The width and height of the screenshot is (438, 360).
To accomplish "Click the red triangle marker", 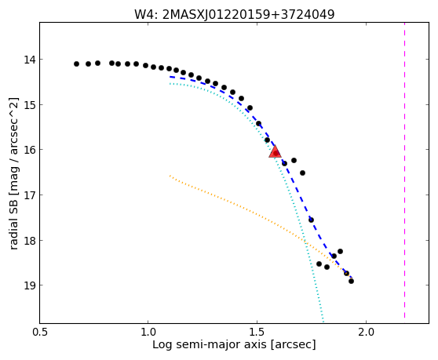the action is click(x=275, y=151).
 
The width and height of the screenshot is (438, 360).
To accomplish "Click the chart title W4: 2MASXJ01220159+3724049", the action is click(x=235, y=15).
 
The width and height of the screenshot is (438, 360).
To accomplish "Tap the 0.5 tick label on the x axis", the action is click(x=40, y=333).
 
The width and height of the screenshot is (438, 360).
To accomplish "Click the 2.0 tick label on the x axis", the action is click(x=367, y=333).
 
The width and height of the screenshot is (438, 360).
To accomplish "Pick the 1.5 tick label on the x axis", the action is click(x=257, y=333).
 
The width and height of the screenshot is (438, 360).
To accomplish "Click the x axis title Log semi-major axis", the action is click(x=210, y=345).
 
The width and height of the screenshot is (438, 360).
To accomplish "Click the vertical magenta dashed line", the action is click(x=404, y=170).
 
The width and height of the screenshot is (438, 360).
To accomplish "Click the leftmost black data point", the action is click(x=76, y=64).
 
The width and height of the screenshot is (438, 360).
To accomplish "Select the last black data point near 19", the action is click(x=351, y=281).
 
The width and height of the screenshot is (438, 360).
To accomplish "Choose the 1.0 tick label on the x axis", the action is click(x=148, y=333).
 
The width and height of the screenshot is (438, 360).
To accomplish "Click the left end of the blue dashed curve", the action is click(x=170, y=76).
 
